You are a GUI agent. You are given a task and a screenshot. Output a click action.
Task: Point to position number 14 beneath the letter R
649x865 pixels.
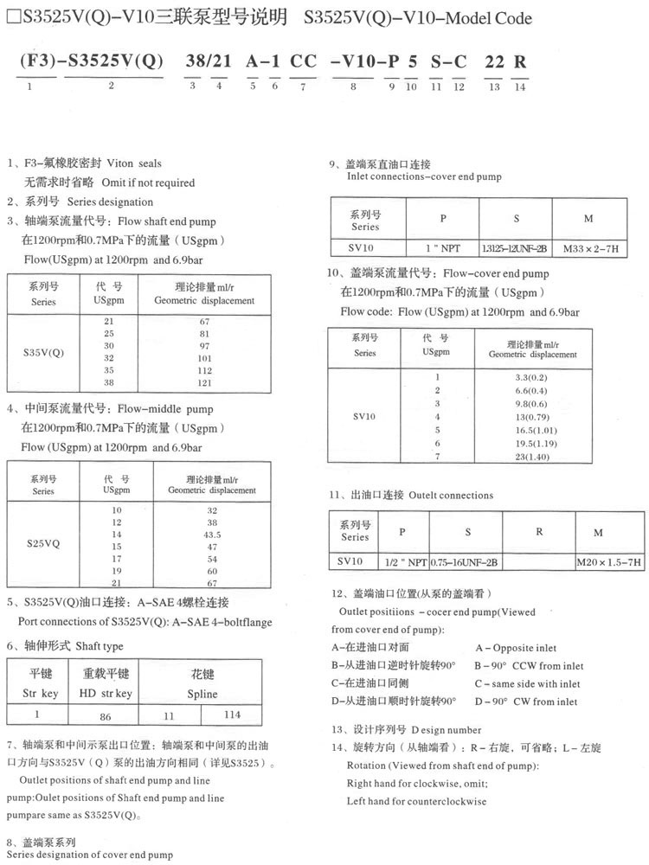click(519, 86)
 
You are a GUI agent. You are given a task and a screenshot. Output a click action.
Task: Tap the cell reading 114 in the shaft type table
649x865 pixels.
click(232, 714)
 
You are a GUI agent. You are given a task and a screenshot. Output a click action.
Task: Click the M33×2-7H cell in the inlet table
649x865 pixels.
click(589, 247)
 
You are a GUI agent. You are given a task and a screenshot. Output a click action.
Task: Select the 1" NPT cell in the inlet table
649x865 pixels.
click(443, 247)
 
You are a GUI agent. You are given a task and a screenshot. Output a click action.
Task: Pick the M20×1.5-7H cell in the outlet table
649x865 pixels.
click(609, 562)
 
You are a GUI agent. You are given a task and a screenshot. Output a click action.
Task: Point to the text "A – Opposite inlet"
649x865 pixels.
click(516, 647)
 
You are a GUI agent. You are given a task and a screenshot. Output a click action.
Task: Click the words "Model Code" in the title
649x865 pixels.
click(491, 18)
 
